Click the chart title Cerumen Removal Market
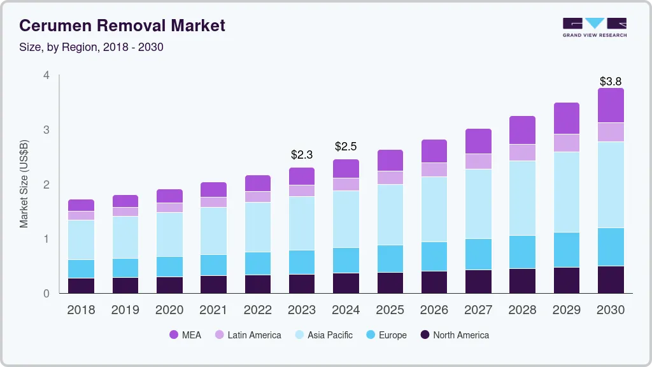point(122,26)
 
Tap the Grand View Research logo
point(594,27)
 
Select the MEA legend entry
point(185,335)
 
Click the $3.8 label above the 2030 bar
point(611,82)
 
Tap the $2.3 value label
point(301,155)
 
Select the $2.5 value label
point(346,147)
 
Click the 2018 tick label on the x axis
point(81,310)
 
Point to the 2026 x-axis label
point(434,310)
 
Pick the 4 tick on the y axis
point(46,75)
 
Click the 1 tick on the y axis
point(46,239)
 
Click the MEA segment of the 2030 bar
point(611,105)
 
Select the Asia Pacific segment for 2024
point(346,219)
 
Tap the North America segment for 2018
point(81,285)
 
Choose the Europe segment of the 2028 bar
point(522,252)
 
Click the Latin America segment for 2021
point(213,202)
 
